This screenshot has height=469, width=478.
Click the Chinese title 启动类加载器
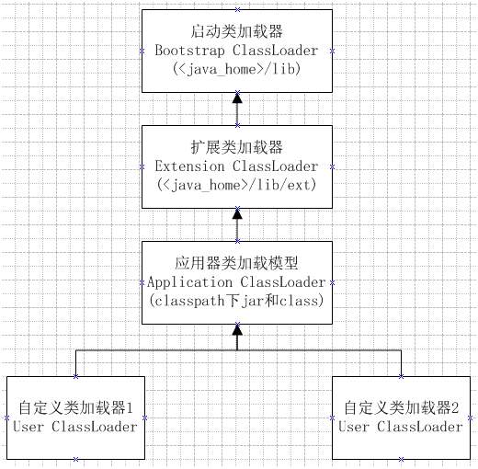237,31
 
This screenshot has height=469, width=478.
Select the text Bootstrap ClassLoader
237,50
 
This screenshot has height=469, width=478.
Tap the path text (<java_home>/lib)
237,69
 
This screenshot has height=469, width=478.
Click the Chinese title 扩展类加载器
237,147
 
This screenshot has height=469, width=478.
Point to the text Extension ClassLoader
237,166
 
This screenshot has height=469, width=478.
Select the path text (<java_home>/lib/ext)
237,185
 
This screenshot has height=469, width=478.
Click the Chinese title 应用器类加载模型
237,262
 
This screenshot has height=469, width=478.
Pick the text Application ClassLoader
237,281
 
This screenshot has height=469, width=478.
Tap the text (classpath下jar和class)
237,300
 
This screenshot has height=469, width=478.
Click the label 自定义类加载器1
76,407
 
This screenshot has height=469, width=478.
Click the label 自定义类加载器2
401,407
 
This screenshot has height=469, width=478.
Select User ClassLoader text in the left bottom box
76,427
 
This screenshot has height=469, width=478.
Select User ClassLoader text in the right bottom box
401,427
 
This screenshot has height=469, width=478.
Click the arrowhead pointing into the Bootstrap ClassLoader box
237,98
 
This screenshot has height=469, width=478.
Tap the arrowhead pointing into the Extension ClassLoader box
237,213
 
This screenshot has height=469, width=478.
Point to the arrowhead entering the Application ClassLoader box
237,329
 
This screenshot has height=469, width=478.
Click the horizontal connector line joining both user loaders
156,351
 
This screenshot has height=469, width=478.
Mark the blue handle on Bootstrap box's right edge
333,51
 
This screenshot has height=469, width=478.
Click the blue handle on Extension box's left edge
142,166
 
